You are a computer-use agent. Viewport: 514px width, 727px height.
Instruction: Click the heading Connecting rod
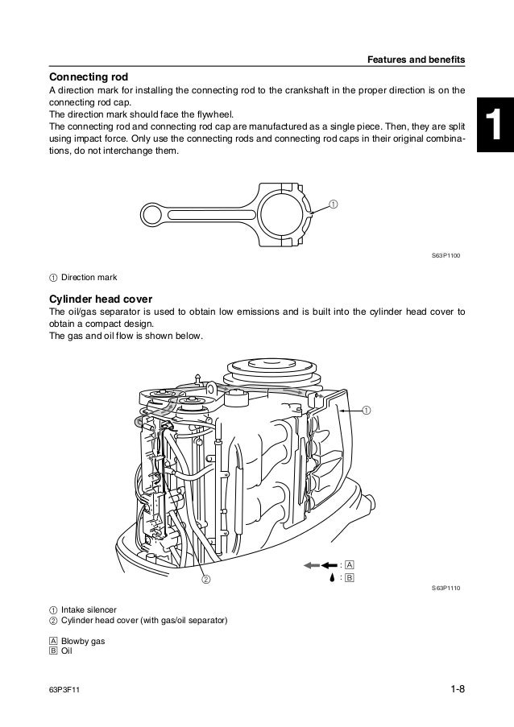[x=89, y=77]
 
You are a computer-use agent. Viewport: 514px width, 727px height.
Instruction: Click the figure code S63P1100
[x=449, y=254]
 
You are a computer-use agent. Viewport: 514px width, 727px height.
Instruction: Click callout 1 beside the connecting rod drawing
[x=332, y=181]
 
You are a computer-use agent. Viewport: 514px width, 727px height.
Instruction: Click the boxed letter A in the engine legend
[x=349, y=565]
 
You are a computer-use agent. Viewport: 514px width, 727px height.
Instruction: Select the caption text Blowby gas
[x=84, y=642]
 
